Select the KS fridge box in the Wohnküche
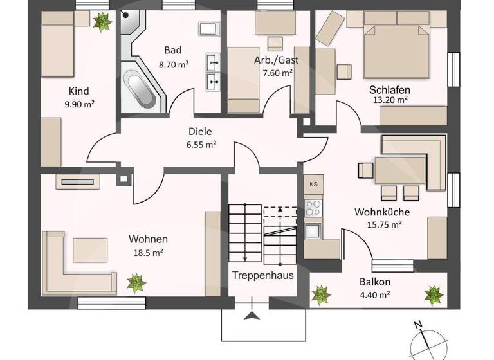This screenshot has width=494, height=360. pos(313,184)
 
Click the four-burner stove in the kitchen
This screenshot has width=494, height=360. pos(313,208)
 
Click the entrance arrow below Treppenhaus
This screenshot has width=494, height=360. pos(252,315)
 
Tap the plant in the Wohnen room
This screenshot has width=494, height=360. pos(136,282)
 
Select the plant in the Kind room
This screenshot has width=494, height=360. pos(102,22)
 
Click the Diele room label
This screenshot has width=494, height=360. pos(200,131)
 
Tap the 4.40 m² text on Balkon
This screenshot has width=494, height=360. pos(375,295)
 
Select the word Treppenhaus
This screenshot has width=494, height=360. pos(263,276)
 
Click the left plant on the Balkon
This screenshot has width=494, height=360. pos(320,295)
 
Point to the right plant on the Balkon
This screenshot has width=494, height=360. pos(434,295)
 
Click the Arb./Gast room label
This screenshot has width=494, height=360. pos(276,60)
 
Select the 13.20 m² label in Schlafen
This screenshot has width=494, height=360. pos(390,100)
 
